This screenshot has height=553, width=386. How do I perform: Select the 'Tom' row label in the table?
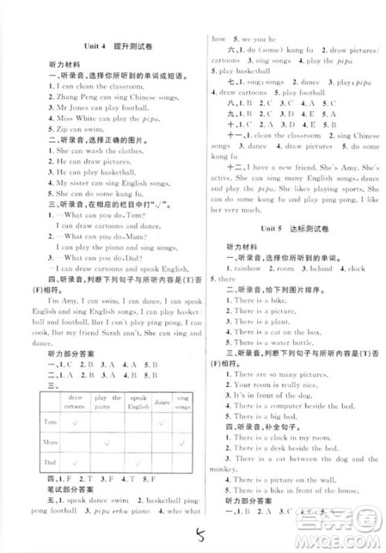50,425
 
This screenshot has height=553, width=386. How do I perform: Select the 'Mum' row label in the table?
50,446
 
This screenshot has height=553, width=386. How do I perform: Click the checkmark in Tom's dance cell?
163,424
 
